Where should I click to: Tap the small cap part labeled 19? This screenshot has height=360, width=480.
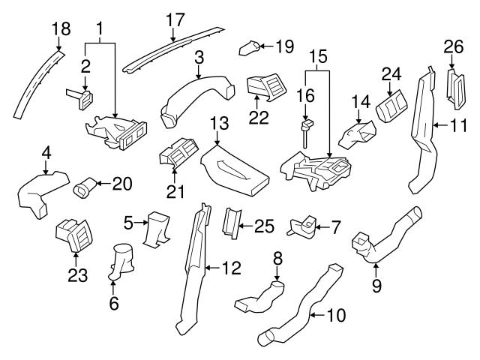250,49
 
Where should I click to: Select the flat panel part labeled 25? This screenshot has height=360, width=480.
232,221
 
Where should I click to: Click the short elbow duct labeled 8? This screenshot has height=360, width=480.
259,298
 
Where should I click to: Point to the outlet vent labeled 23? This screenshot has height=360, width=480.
73,235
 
